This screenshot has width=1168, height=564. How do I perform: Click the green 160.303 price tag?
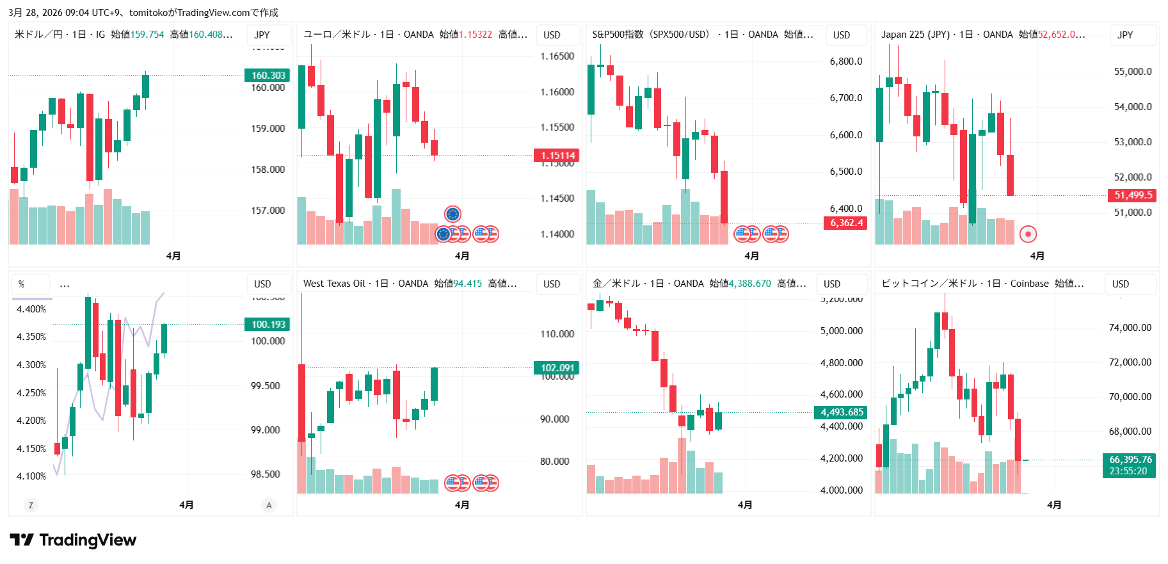[268, 76]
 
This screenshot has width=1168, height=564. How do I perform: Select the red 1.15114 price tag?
[557, 156]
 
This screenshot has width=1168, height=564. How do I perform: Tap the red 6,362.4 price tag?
[846, 223]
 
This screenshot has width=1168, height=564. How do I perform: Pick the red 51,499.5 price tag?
[1132, 195]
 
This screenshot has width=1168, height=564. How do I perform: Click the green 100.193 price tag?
[268, 325]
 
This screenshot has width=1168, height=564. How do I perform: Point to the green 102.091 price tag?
[557, 368]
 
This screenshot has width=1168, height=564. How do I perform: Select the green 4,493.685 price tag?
[841, 412]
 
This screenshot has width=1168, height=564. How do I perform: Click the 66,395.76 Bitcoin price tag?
[1130, 460]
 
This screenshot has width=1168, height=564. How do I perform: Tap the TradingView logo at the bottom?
[73, 540]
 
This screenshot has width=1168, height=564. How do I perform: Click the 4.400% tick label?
[31, 309]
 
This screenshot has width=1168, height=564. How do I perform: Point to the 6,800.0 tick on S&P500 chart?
[845, 61]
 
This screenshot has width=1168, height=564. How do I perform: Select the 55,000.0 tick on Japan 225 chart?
[1132, 72]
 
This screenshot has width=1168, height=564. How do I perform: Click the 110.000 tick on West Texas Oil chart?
[557, 334]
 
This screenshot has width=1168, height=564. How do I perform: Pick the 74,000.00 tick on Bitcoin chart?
[1130, 328]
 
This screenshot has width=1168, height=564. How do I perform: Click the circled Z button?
[31, 505]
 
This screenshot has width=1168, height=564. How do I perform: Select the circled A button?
[269, 505]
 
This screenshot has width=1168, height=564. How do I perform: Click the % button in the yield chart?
[22, 284]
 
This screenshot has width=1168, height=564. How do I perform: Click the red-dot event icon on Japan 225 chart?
[1028, 234]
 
